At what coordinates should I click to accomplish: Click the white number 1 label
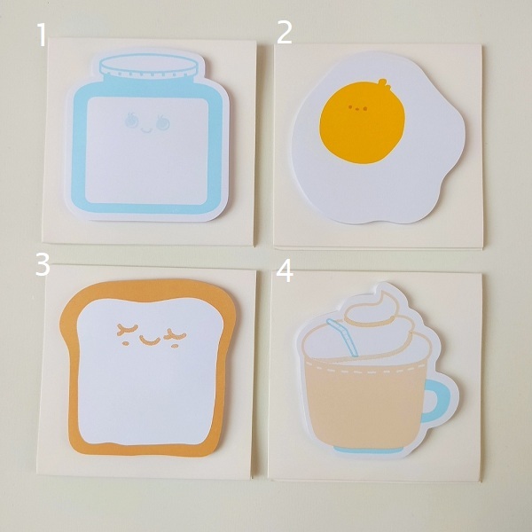[42, 35]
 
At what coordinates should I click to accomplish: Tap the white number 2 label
[285, 33]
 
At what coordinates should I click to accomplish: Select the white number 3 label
[43, 264]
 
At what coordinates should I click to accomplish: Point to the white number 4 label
[285, 271]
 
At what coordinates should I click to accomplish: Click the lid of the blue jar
[149, 66]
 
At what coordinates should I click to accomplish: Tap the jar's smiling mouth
[147, 130]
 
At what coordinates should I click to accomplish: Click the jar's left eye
[131, 120]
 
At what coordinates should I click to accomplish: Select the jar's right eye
[162, 123]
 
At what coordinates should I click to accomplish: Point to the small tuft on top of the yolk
[383, 83]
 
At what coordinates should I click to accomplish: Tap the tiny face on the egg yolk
[357, 108]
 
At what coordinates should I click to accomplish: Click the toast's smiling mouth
[150, 340]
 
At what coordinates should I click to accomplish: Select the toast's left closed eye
[127, 329]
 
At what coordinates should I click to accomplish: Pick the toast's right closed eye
[175, 335]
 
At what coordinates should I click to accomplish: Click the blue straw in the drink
[342, 337]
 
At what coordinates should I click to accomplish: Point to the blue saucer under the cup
[369, 450]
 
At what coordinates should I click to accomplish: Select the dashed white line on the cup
[366, 369]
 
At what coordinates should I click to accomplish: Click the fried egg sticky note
[378, 137]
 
